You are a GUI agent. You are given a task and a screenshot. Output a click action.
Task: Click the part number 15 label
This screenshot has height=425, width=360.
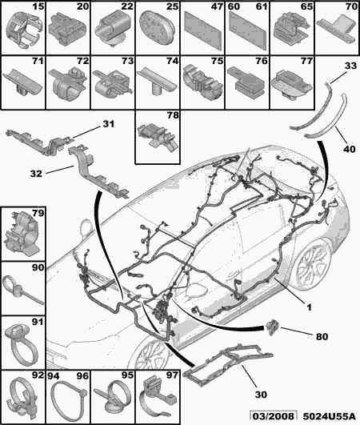38,6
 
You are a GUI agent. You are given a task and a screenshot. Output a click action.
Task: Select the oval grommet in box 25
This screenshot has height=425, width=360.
156,28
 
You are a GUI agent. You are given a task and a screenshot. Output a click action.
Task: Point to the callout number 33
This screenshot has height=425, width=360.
350,66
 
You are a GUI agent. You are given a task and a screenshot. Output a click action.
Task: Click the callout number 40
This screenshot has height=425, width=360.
349,149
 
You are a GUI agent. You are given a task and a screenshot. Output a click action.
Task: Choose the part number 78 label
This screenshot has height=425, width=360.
173,115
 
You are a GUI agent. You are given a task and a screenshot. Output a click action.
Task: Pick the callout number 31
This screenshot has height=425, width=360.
109,124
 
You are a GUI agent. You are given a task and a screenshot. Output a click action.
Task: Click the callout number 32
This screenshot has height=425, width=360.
36,174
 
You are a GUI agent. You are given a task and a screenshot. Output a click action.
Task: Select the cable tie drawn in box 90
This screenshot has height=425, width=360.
22,290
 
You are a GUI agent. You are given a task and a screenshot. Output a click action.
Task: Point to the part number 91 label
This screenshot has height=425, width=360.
38,323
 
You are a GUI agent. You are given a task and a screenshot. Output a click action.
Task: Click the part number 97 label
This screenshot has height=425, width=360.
173,375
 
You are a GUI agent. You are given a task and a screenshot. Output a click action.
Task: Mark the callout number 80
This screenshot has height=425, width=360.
322,337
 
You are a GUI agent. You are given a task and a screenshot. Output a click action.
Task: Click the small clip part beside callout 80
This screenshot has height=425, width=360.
273,327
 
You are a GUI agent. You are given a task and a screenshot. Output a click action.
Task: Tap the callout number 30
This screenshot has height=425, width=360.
261,395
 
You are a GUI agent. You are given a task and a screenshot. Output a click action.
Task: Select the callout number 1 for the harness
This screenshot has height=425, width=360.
309,307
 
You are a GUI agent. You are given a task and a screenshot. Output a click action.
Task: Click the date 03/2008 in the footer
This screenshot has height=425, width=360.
273,416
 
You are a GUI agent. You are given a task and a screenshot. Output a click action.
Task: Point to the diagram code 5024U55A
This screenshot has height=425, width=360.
329,416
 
